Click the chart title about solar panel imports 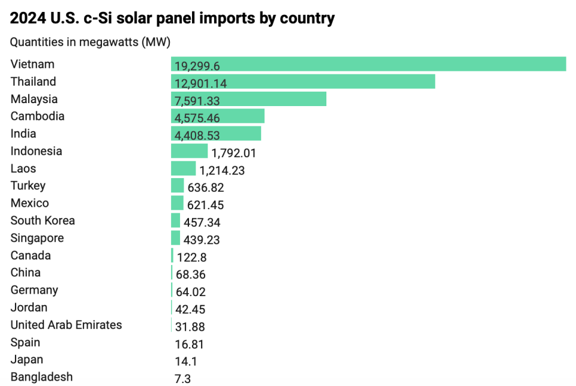click(172, 19)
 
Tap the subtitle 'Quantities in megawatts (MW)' click(90, 43)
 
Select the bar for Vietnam click(368, 64)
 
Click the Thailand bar click(302, 82)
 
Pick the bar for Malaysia click(248, 99)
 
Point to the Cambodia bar click(217, 116)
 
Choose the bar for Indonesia click(189, 151)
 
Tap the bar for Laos click(183, 168)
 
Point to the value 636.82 click(206, 188)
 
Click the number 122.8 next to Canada click(192, 257)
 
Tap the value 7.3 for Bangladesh click(183, 379)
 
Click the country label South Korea click(43, 221)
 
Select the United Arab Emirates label click(66, 325)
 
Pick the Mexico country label click(29, 203)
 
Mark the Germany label click(34, 290)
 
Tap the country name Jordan click(29, 307)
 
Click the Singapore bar click(175, 238)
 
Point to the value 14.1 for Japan click(185, 361)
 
